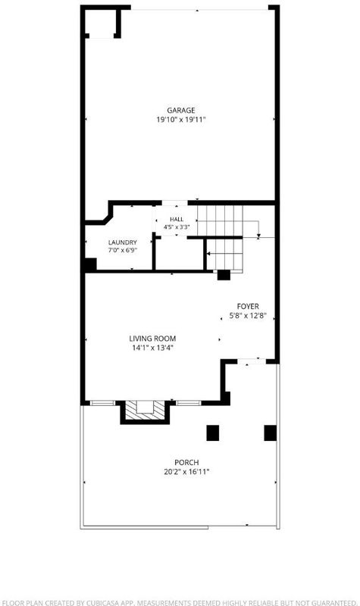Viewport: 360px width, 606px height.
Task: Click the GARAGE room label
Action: [180, 111]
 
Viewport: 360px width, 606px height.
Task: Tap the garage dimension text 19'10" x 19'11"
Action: [180, 120]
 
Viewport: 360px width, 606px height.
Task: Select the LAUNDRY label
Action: [123, 242]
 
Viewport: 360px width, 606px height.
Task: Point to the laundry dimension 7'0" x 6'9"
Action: [123, 250]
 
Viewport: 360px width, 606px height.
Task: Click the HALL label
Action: [177, 220]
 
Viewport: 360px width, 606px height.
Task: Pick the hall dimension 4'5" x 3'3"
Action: [177, 227]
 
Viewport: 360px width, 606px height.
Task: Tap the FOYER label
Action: [248, 307]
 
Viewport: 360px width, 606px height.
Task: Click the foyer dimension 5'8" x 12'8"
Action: [248, 316]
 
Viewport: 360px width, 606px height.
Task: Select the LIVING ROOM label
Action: [152, 339]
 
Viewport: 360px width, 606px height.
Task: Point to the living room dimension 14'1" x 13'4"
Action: [152, 348]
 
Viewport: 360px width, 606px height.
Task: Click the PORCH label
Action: [186, 463]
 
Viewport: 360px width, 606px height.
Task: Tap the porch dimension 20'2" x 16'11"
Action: [186, 472]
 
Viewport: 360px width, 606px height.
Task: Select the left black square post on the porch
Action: [213, 433]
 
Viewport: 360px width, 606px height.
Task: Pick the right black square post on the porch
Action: [271, 433]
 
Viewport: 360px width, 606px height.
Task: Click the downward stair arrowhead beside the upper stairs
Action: [258, 235]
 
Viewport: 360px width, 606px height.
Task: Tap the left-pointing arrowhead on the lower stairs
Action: [209, 254]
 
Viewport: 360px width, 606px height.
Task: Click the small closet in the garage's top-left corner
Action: [100, 23]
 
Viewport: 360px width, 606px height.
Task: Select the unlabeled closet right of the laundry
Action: [179, 255]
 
